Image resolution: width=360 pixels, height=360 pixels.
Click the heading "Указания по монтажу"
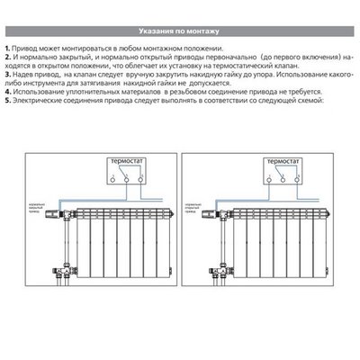pos(180,31)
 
